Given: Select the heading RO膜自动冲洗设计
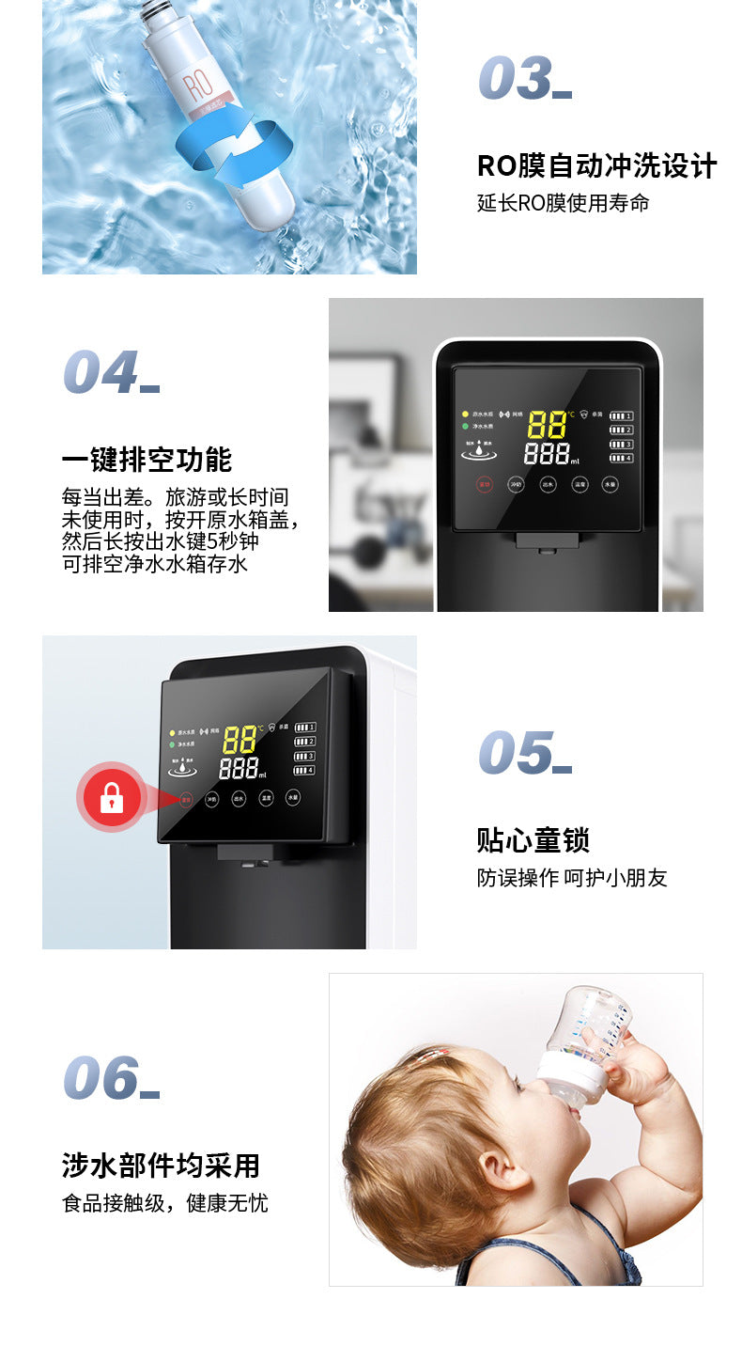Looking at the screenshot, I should [x=596, y=165].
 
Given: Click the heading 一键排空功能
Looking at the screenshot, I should [x=147, y=460].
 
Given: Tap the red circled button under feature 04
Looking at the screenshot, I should [x=485, y=485].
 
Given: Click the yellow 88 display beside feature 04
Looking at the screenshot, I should [x=547, y=424].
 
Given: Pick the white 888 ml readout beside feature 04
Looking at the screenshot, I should [x=548, y=455].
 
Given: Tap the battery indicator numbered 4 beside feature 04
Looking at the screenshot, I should [x=622, y=458].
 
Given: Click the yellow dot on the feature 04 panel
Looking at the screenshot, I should [x=464, y=414].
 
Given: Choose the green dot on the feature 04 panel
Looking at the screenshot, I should [x=464, y=426].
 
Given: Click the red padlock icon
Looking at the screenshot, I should [x=112, y=798].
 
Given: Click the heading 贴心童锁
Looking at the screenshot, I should [x=533, y=839].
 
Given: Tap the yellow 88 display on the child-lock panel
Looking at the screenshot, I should [x=240, y=739].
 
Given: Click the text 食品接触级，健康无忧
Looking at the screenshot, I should [x=165, y=1202].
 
